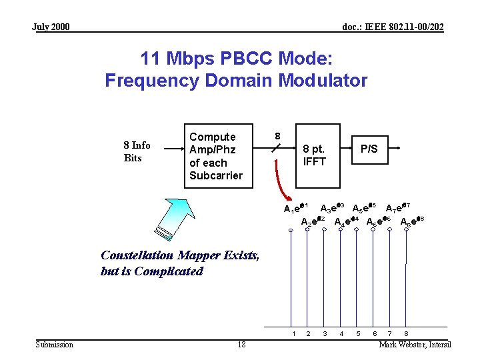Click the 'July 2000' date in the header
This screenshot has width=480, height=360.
click(51, 27)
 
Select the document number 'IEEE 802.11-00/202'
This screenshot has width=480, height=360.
click(393, 27)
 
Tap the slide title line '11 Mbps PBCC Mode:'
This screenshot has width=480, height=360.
click(236, 59)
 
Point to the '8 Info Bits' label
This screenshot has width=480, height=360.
click(137, 151)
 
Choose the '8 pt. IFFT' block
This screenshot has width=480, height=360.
click(314, 155)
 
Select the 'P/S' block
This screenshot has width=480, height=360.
click(369, 149)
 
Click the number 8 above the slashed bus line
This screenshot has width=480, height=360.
click(278, 136)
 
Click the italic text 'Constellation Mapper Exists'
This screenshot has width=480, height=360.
click(180, 255)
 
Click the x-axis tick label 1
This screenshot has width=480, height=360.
click(292, 333)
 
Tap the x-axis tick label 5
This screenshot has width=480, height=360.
click(357, 333)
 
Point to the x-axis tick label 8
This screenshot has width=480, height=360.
click(406, 333)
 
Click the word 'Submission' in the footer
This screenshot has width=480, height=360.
click(55, 344)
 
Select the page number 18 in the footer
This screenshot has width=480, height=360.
click(241, 344)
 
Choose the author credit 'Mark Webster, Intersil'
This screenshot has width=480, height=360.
click(415, 344)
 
